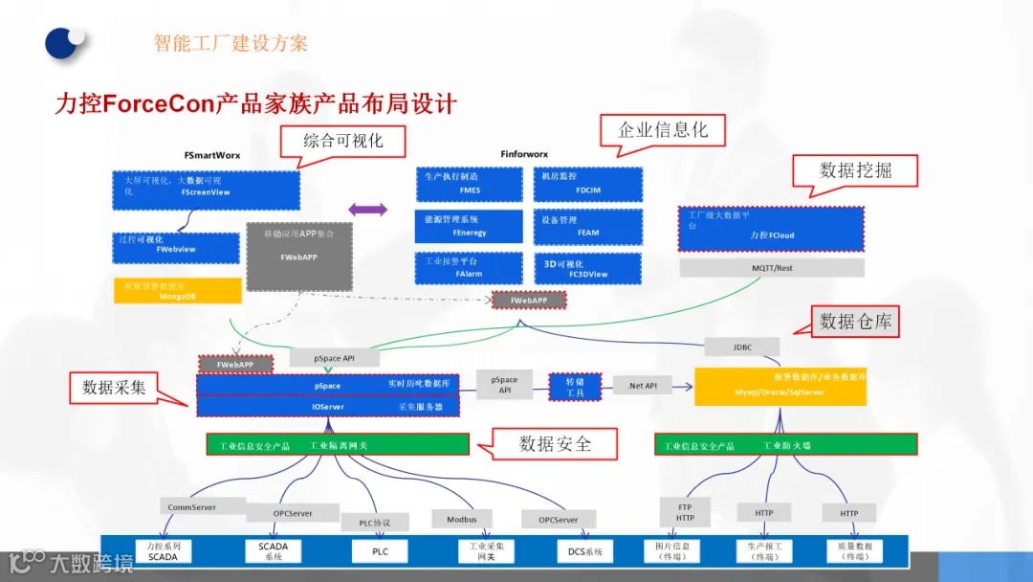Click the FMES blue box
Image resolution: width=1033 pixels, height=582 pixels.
(470, 184)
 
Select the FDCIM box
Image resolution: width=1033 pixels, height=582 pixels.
(587, 184)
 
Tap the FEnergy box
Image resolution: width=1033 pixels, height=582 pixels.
(470, 227)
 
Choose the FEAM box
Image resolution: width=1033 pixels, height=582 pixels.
(587, 227)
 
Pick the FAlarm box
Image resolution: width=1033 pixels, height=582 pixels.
(470, 268)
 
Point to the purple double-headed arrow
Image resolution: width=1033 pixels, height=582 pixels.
(367, 209)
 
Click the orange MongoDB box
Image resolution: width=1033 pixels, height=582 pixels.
(177, 291)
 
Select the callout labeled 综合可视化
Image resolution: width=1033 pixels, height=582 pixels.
(342, 142)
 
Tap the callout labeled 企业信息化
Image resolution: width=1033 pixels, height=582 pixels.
(662, 130)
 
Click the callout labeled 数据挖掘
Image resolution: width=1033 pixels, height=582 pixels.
(855, 171)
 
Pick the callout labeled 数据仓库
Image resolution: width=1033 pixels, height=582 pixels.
(855, 323)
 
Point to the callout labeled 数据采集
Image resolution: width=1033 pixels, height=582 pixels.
(114, 387)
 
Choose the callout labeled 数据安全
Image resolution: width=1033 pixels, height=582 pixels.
(555, 443)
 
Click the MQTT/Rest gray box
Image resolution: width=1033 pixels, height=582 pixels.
(772, 268)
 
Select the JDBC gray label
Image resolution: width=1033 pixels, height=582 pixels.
(742, 347)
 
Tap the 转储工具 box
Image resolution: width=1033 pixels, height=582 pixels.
(575, 386)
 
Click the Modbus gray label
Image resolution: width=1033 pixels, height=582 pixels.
(461, 520)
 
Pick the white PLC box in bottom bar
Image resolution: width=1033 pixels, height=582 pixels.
(377, 551)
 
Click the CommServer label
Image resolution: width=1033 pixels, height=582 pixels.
(191, 507)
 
